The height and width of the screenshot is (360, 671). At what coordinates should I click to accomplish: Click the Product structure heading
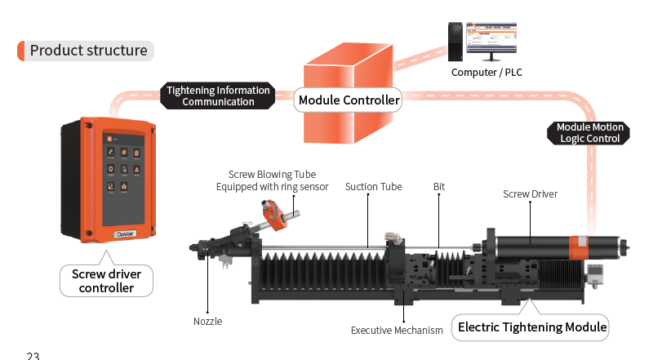[88, 51]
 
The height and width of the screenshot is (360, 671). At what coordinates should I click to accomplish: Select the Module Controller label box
[349, 100]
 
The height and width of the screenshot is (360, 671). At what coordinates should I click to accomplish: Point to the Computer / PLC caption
[487, 73]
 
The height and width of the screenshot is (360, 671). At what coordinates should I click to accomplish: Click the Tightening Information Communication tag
[217, 96]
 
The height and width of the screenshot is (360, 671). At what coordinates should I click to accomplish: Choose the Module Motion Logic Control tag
[589, 133]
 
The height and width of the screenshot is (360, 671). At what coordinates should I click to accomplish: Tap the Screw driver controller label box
[106, 281]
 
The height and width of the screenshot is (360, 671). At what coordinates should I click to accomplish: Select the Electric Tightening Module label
[532, 327]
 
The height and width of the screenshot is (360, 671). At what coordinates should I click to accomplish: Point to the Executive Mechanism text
[397, 331]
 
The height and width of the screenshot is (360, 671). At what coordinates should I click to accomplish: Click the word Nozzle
[207, 321]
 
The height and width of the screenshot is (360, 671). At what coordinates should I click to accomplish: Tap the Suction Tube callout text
[373, 187]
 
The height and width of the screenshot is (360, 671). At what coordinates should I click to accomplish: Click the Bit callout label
[439, 187]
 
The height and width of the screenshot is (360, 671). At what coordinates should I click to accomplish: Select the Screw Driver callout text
[530, 193]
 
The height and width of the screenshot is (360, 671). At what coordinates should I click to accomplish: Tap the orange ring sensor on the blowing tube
[273, 216]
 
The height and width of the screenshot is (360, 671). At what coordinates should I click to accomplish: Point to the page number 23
[33, 356]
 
